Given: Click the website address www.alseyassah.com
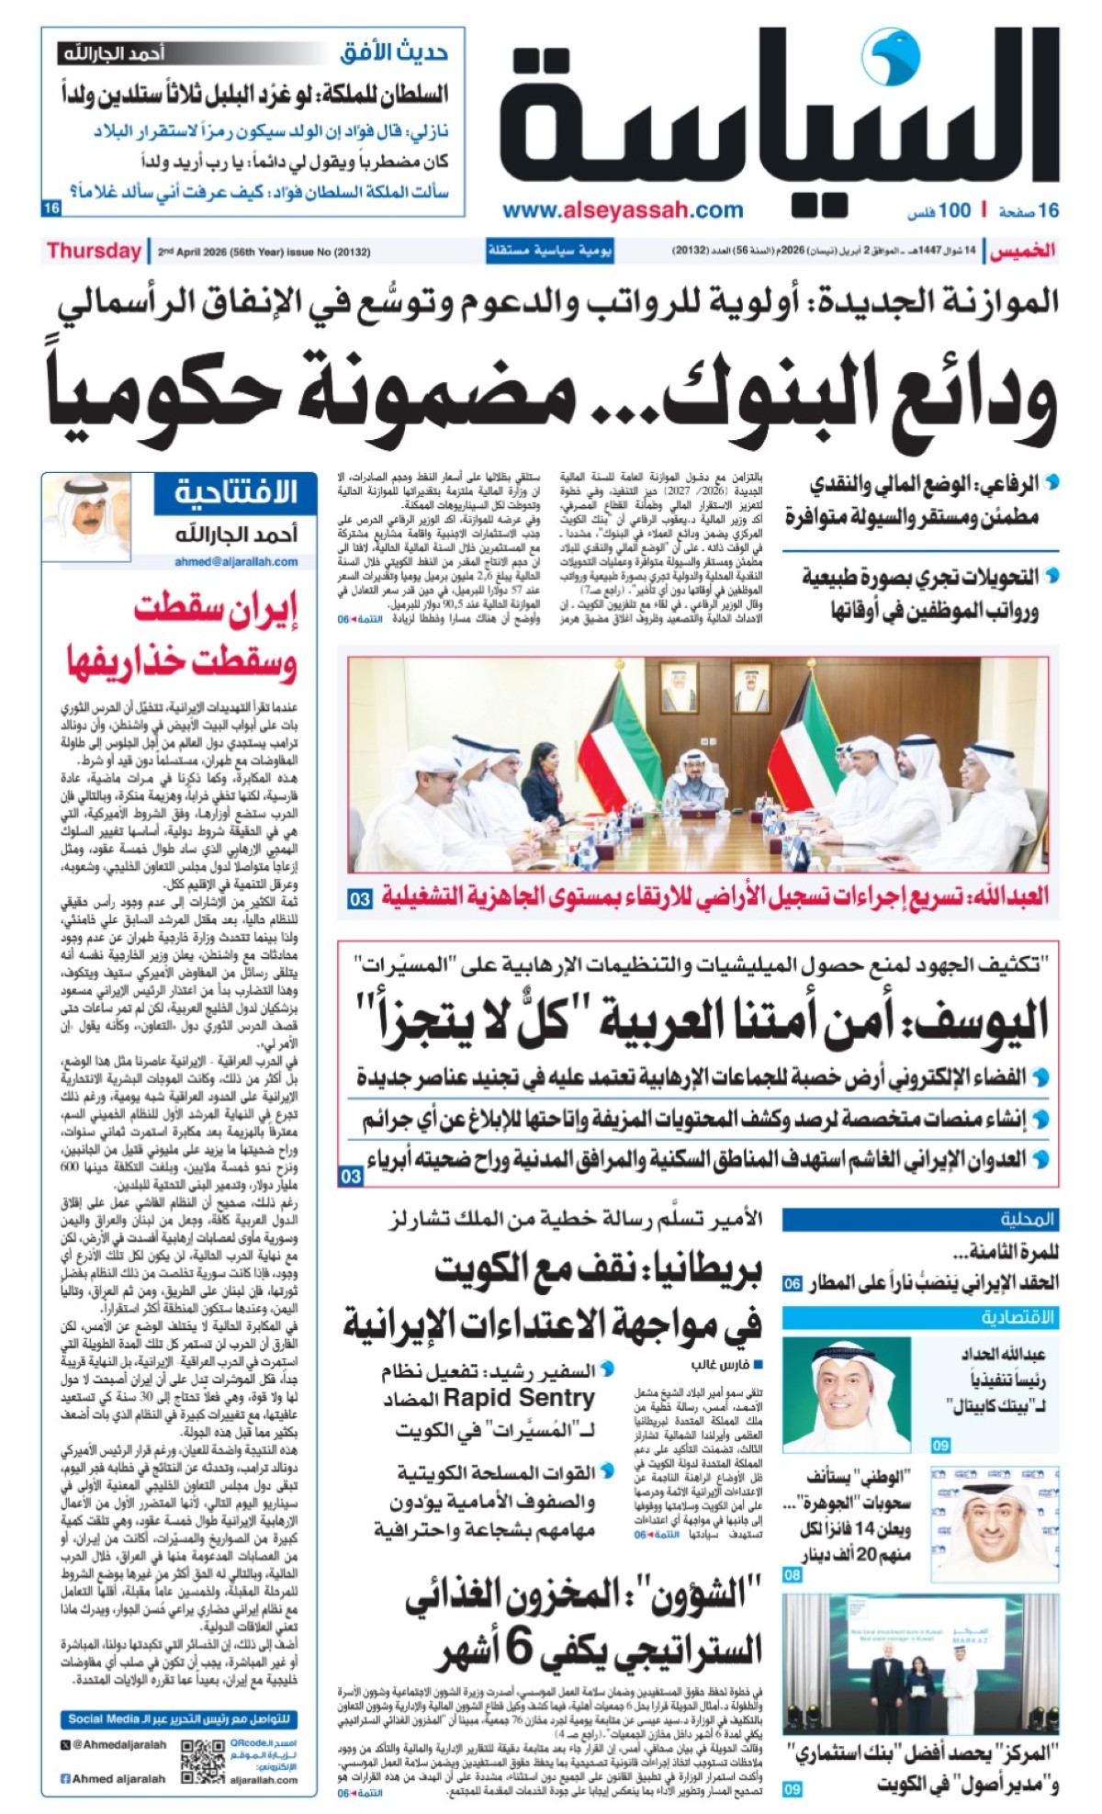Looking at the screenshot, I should [623, 210].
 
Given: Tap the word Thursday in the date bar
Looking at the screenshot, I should [94, 251].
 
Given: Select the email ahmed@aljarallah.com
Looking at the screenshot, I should [236, 561].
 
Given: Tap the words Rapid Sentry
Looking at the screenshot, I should [519, 1399].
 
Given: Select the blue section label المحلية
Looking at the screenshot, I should [1028, 1220].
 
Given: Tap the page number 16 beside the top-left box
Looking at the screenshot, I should [51, 208].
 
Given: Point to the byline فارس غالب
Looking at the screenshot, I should [720, 1365].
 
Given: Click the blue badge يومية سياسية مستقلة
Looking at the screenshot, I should [549, 251].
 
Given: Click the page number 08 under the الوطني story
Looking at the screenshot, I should [792, 1575].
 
